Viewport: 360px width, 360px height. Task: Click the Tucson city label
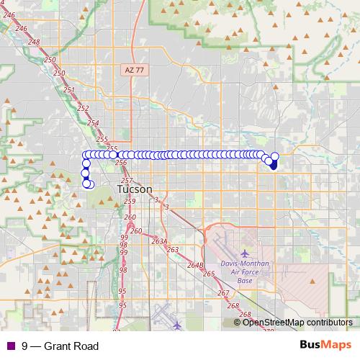point(135,189)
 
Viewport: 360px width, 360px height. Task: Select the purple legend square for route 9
point(9,346)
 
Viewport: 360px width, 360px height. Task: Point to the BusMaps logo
point(325,346)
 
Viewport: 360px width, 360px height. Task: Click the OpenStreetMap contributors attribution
point(297,323)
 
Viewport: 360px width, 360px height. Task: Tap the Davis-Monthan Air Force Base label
point(244,271)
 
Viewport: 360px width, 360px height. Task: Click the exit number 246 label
point(20,27)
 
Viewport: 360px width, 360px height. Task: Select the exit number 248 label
point(34,42)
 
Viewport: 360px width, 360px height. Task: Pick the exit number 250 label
point(60,73)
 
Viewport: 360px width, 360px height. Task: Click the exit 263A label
point(159,242)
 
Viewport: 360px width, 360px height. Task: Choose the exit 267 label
point(223,293)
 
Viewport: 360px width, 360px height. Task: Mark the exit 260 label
point(137,231)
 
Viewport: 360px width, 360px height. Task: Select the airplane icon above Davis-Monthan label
point(244,253)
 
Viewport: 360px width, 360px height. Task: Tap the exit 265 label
point(209,274)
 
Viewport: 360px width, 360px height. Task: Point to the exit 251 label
point(69,90)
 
